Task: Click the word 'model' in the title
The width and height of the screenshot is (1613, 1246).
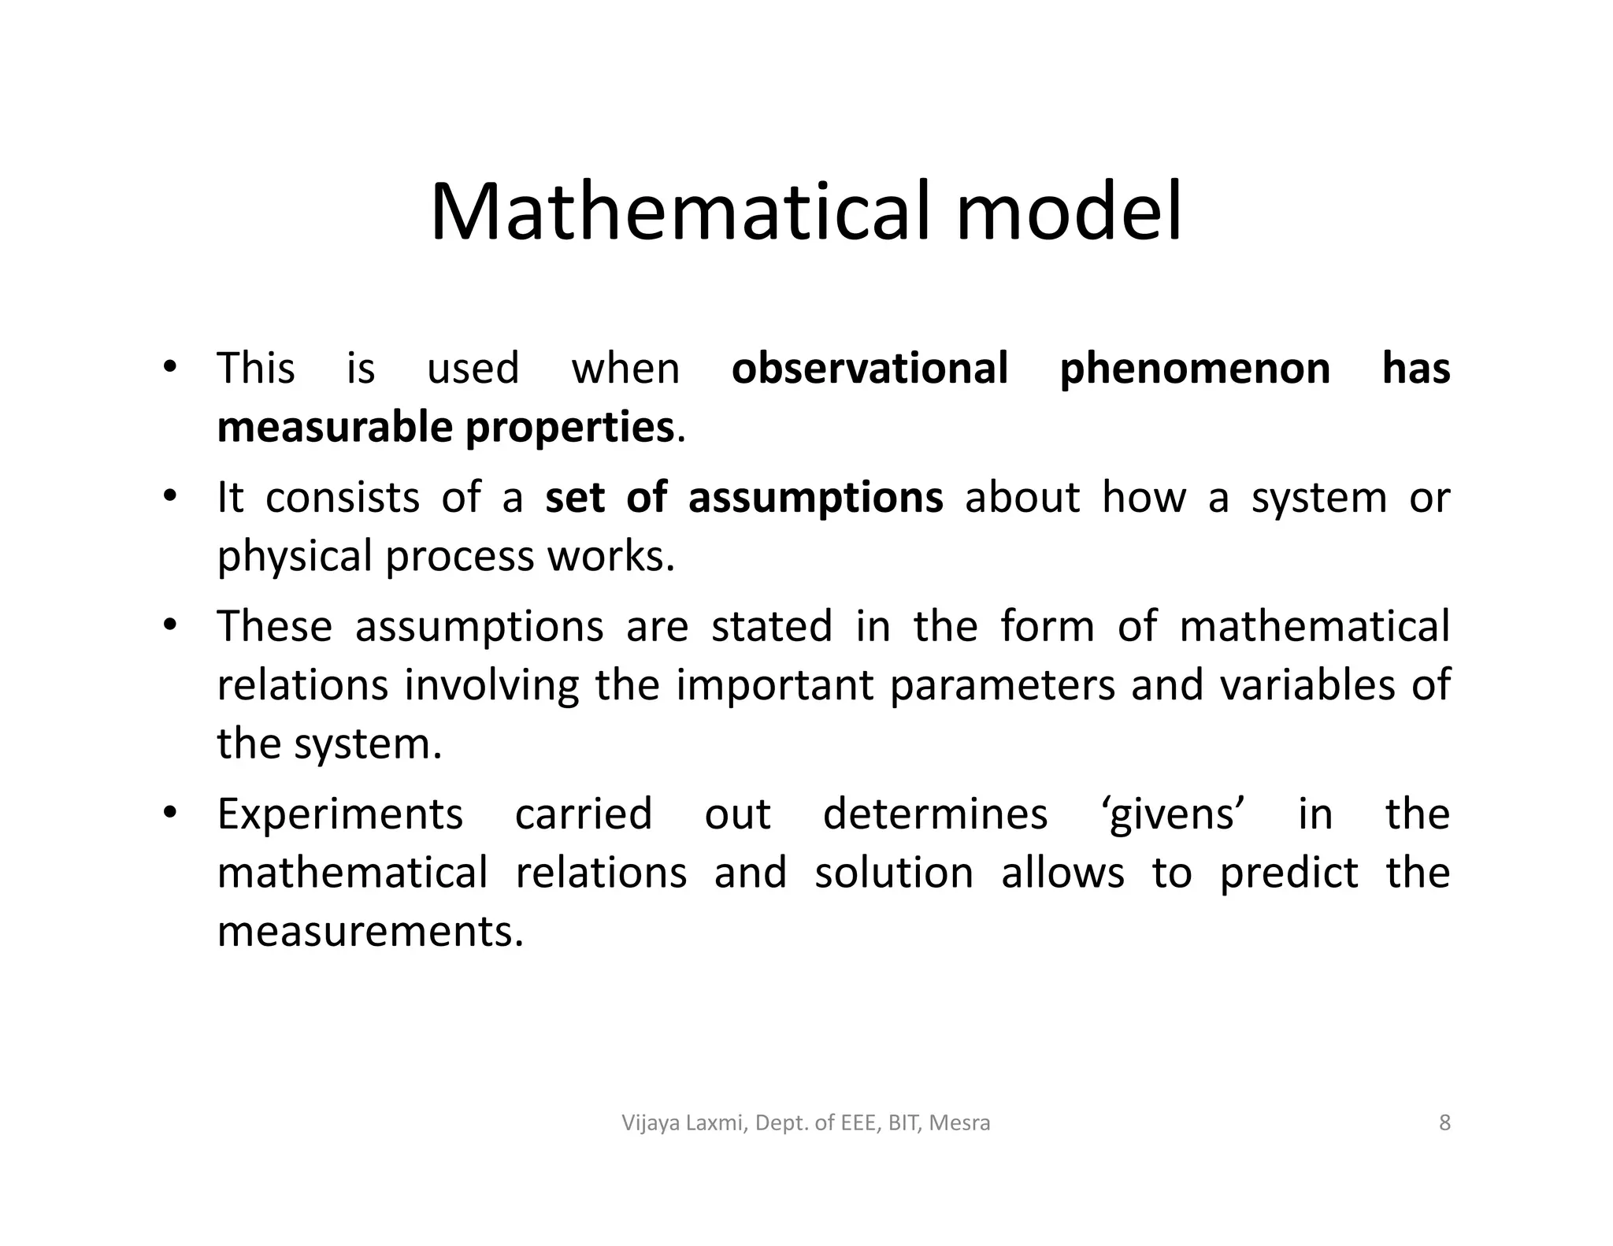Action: pos(1069,213)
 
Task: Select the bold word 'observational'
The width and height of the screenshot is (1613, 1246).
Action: pos(870,369)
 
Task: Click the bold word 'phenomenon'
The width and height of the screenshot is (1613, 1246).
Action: pos(1195,369)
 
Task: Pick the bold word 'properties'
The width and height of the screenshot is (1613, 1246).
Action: pos(569,429)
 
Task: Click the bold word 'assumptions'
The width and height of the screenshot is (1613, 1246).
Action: pos(815,499)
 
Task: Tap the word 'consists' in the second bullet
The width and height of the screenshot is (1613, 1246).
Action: pos(342,499)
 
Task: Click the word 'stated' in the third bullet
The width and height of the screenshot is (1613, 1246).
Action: pos(771,627)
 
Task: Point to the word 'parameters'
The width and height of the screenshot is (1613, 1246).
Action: pos(1003,685)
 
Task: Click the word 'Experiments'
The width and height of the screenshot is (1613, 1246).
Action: pos(340,815)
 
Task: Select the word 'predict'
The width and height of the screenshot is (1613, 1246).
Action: pos(1289,873)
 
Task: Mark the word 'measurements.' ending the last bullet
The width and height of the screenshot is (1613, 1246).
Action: pos(370,932)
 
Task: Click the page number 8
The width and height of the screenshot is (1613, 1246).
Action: pos(1444,1122)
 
